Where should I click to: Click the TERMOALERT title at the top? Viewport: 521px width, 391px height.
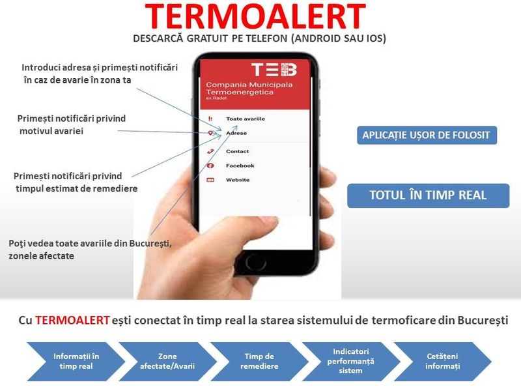(255, 17)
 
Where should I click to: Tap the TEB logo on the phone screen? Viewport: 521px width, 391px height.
(274, 70)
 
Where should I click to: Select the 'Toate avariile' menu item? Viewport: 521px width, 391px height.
(245, 119)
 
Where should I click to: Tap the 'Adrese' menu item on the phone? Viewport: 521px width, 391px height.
(236, 133)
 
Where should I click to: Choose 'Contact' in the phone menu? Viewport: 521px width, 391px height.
(237, 151)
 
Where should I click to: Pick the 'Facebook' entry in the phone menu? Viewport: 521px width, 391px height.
(240, 166)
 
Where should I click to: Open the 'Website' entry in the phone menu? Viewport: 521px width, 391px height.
(238, 180)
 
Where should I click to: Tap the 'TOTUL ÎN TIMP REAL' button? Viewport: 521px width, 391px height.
(428, 195)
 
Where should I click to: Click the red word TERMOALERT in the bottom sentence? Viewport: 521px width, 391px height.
(72, 321)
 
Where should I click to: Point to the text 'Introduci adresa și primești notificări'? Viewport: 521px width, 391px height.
(100, 68)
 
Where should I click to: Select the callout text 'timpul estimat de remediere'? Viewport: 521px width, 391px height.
(76, 188)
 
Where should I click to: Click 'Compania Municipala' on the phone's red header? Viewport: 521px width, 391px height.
(249, 85)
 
